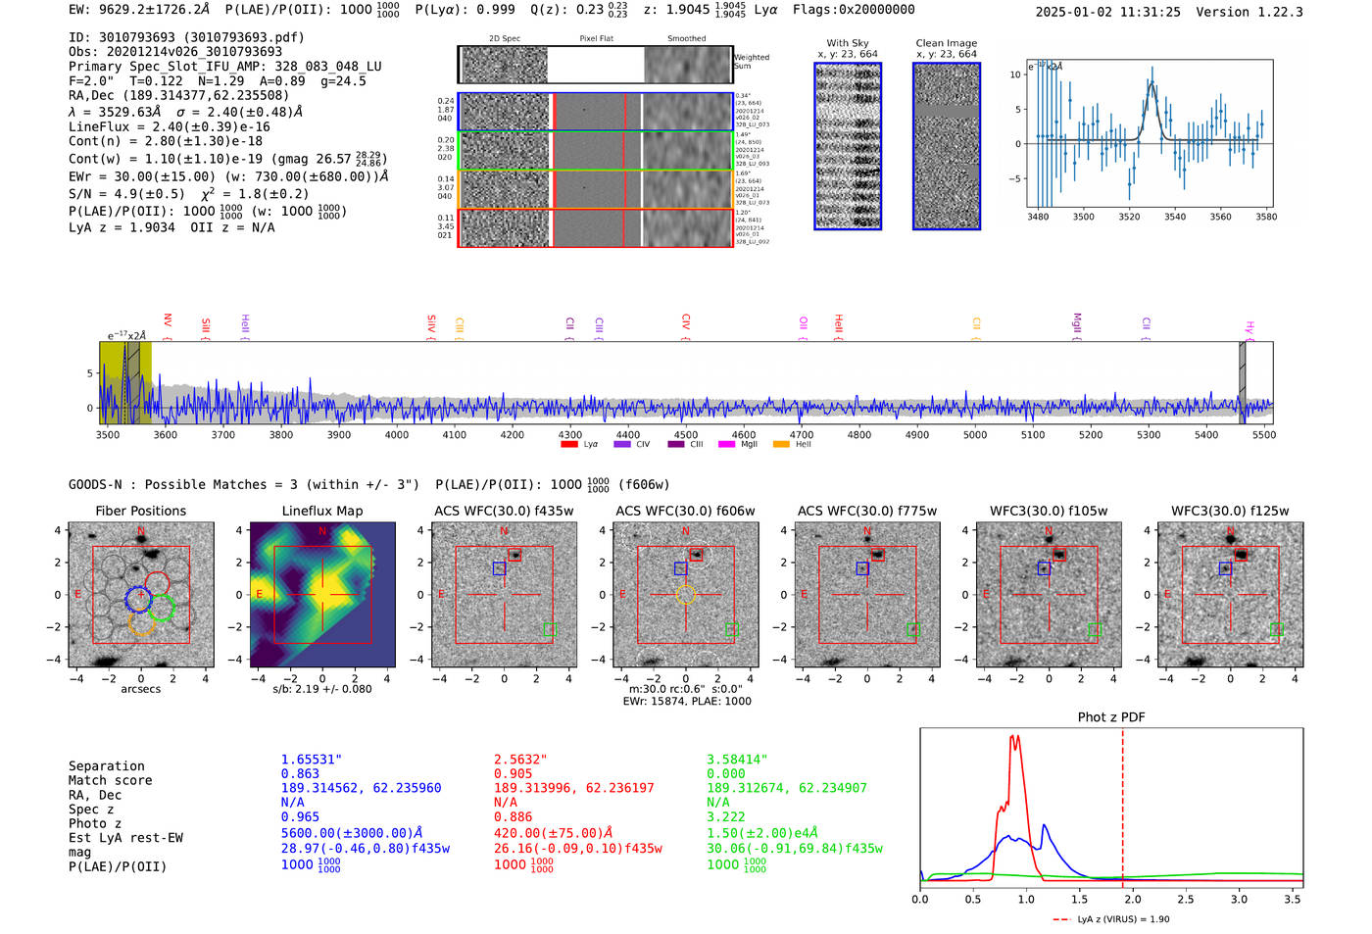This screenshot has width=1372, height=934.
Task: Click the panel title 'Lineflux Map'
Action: [322, 511]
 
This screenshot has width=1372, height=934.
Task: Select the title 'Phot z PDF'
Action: [1111, 717]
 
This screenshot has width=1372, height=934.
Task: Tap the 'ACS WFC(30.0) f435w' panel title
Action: [504, 511]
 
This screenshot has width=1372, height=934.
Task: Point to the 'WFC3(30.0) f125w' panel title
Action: [1230, 511]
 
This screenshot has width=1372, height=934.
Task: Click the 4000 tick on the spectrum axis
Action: [397, 434]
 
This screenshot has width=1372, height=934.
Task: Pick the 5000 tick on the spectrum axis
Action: [975, 434]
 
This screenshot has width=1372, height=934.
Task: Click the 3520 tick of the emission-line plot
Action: [1129, 217]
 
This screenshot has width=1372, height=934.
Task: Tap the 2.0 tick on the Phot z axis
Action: [1132, 899]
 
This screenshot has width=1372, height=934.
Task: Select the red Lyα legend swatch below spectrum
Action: [569, 444]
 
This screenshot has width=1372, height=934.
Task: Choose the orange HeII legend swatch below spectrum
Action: [781, 444]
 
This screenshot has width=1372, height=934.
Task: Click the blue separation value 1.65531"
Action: [312, 760]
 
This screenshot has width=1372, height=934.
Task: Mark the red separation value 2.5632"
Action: [520, 760]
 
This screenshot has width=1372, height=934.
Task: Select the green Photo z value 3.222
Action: [726, 816]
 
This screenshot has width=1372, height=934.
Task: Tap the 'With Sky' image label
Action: [848, 43]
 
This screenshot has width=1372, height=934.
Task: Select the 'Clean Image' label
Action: [947, 43]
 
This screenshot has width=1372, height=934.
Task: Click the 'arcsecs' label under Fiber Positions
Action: [141, 689]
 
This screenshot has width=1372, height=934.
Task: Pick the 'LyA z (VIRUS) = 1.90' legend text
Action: [1123, 919]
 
